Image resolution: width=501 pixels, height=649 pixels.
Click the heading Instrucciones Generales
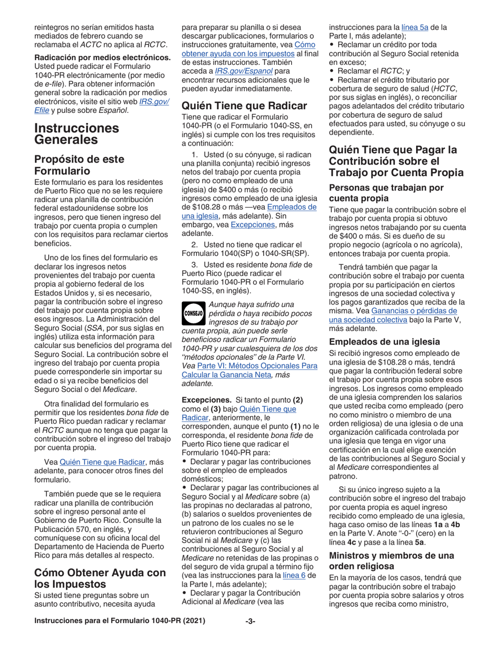point(76,133)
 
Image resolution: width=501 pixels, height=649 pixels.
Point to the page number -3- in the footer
point(250,636)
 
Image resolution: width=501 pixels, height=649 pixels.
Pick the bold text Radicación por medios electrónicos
point(102,57)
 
